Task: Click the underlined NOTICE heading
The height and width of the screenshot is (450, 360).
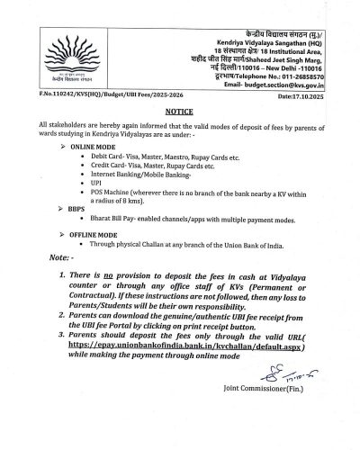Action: (179, 132)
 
